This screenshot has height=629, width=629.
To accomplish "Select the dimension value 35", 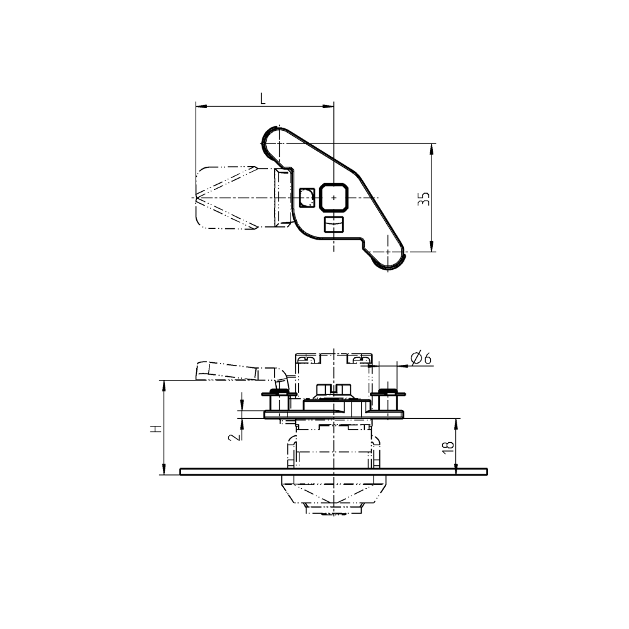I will [425, 199].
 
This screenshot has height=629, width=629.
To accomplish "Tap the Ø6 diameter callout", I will [420, 359].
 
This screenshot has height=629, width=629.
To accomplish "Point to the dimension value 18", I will [447, 447].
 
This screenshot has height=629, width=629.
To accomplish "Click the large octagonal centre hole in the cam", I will [333, 198].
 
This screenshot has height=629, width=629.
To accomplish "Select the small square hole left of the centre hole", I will [306, 198].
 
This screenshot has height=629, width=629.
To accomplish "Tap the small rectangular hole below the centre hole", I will [333, 225].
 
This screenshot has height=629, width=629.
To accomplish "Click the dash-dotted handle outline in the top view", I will [226, 198].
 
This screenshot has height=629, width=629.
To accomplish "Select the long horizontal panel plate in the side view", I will [333, 471].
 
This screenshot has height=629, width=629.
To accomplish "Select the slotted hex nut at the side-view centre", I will [333, 390].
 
